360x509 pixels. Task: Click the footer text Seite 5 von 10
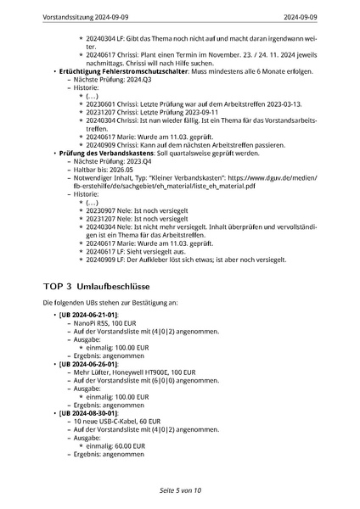(180, 490)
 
